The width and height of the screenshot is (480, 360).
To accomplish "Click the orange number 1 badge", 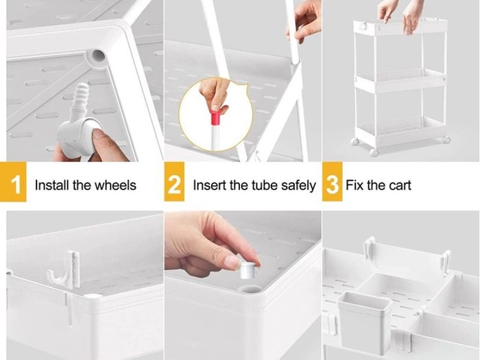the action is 13,182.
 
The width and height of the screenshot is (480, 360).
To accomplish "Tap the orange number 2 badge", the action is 174,182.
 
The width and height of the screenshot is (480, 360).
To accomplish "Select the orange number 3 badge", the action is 332,182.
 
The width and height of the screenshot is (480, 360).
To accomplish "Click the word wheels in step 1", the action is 115,185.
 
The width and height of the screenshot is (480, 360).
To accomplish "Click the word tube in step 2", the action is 265,185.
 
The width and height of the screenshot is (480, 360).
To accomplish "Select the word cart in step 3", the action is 400,186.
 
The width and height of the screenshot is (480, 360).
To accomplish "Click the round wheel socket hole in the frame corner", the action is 97,56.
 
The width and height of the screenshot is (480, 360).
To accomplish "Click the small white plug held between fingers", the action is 248,270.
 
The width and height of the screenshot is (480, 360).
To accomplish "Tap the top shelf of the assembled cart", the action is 400,27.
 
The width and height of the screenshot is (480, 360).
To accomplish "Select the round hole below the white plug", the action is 250,289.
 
